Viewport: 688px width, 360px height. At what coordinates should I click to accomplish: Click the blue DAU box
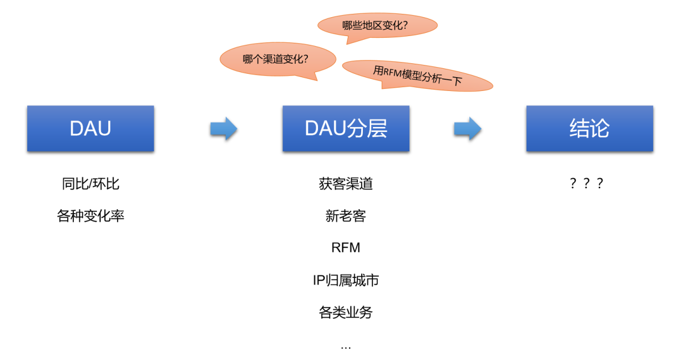90,128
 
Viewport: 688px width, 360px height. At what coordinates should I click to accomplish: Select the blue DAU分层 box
346,128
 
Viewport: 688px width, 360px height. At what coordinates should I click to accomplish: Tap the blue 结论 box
589,128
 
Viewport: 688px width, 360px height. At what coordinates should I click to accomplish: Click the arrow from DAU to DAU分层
224,129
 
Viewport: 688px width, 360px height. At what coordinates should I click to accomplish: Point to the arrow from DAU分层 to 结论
467,129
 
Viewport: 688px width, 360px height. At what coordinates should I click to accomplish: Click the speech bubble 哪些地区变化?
377,25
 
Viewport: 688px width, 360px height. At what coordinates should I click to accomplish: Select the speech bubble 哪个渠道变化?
277,59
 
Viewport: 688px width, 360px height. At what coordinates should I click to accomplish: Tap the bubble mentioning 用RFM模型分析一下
417,75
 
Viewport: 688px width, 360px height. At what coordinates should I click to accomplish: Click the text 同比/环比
90,184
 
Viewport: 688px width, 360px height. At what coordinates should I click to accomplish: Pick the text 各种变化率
90,216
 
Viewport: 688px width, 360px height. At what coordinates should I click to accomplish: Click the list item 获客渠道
346,184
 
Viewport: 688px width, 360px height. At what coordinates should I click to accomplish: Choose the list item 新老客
346,216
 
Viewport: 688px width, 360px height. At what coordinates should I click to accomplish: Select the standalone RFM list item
346,248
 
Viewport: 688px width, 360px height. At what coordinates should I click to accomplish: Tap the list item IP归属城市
346,280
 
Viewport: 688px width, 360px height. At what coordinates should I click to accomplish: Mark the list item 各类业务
346,312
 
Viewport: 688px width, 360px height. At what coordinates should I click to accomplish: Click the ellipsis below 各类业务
346,347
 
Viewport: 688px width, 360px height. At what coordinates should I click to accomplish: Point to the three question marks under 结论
586,184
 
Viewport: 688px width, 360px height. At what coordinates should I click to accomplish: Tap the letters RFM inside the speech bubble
393,72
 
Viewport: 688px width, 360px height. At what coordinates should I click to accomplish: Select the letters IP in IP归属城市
318,280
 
